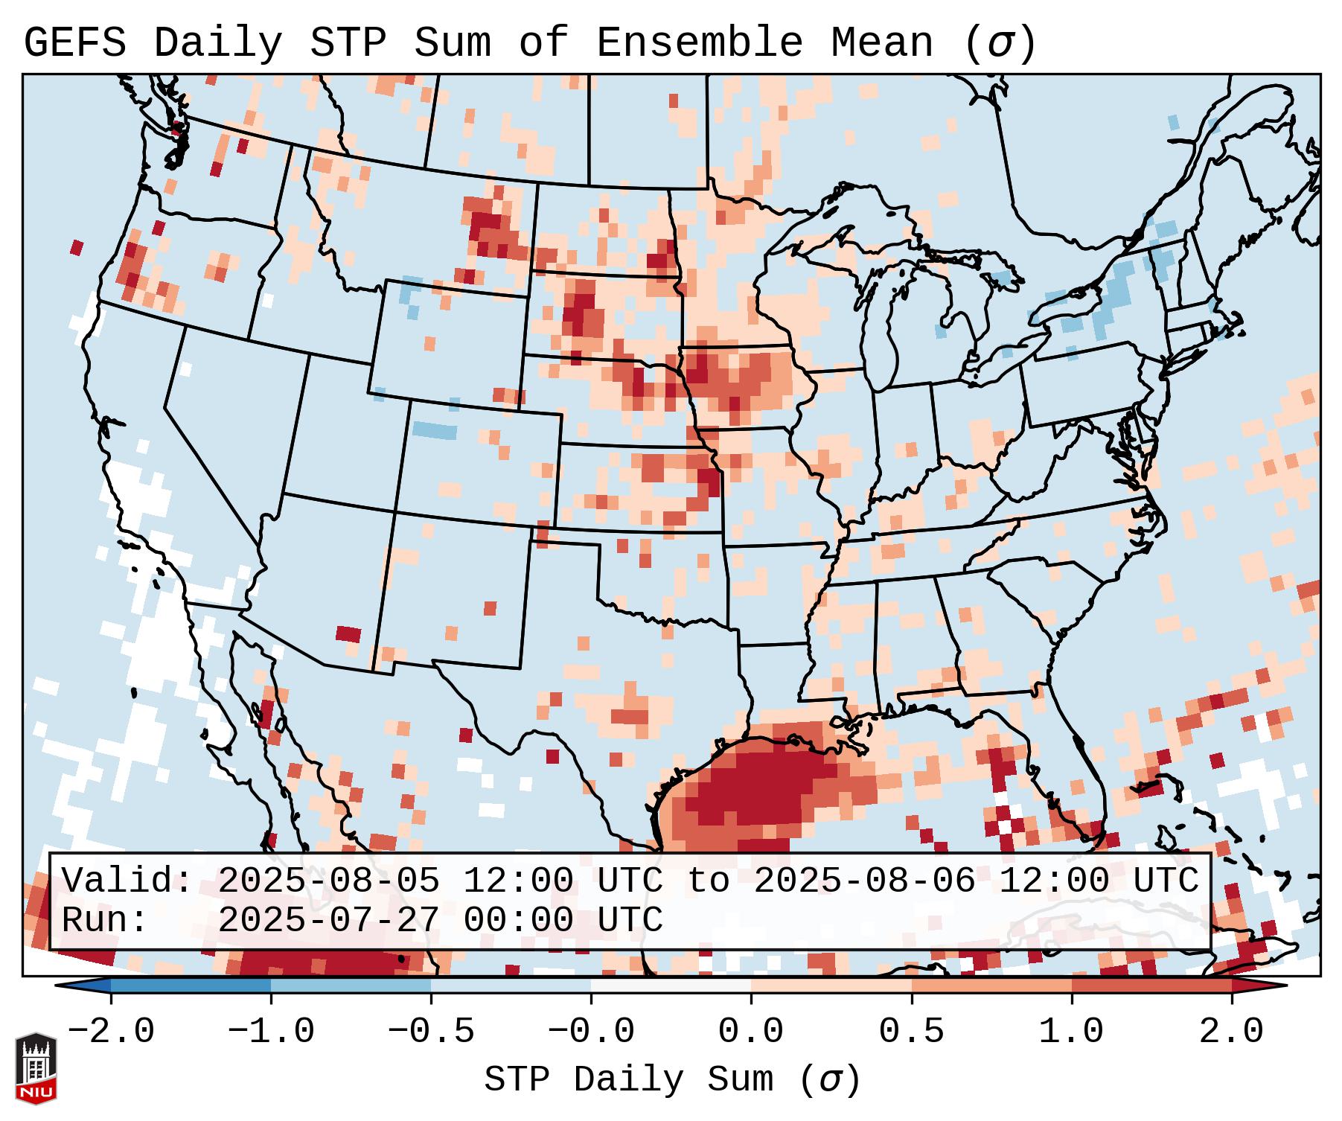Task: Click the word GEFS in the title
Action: click(x=75, y=43)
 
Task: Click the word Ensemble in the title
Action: click(x=699, y=43)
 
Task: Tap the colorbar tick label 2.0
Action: click(x=1231, y=1032)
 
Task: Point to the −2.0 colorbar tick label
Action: click(x=111, y=1032)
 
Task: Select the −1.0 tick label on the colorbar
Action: click(x=271, y=1032)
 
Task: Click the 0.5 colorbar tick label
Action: click(x=911, y=1032)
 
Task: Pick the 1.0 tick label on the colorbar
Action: click(x=1071, y=1032)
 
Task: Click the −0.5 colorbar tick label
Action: click(x=431, y=1032)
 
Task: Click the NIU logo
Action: click(x=36, y=1068)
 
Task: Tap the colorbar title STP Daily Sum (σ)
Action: click(x=672, y=1080)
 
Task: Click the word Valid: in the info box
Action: click(x=127, y=881)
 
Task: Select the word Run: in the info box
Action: click(x=105, y=920)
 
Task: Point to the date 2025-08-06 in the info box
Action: click(x=864, y=881)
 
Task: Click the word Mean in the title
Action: click(x=881, y=43)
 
